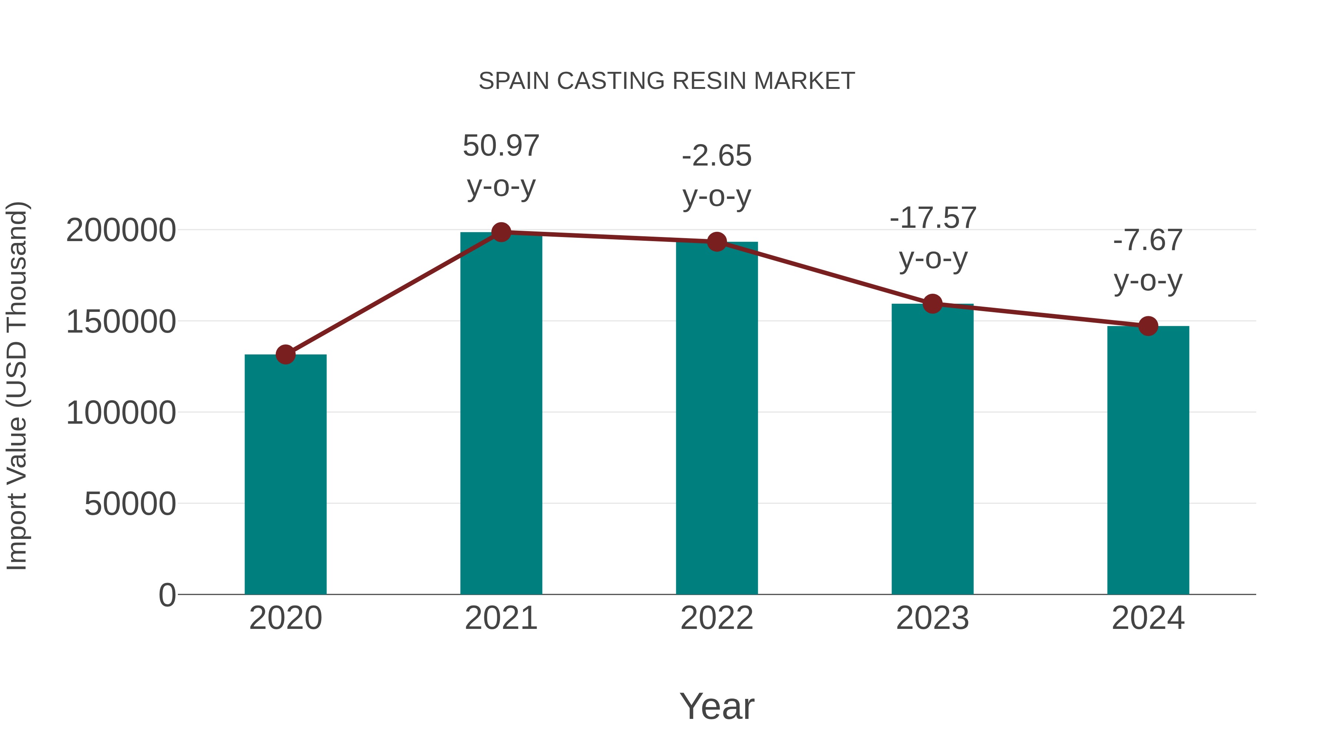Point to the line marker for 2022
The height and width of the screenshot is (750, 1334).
click(x=717, y=242)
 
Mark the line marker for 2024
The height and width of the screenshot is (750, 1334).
click(x=1148, y=326)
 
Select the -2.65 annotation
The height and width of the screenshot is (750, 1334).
click(x=717, y=156)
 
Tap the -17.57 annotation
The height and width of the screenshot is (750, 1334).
click(x=933, y=218)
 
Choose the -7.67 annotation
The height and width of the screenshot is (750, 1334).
click(x=1148, y=241)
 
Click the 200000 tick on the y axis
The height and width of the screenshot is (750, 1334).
click(x=121, y=230)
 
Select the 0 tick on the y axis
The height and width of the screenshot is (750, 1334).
click(x=167, y=595)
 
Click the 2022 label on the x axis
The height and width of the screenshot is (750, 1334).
click(x=717, y=618)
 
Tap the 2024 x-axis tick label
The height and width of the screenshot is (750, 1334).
click(x=1148, y=618)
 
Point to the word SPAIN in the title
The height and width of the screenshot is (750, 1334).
click(x=513, y=81)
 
